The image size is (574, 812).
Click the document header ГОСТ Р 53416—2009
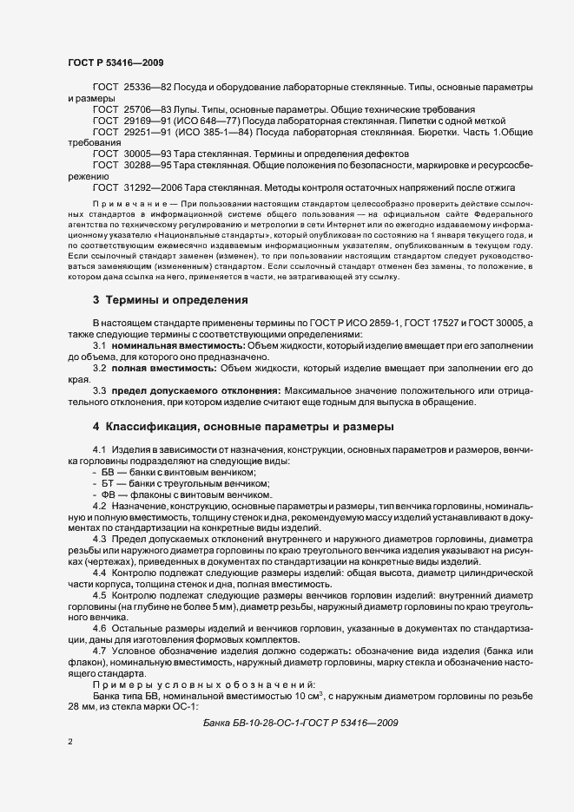[115, 62]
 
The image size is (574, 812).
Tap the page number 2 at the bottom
[70, 742]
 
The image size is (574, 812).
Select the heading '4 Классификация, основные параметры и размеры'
[243, 427]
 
